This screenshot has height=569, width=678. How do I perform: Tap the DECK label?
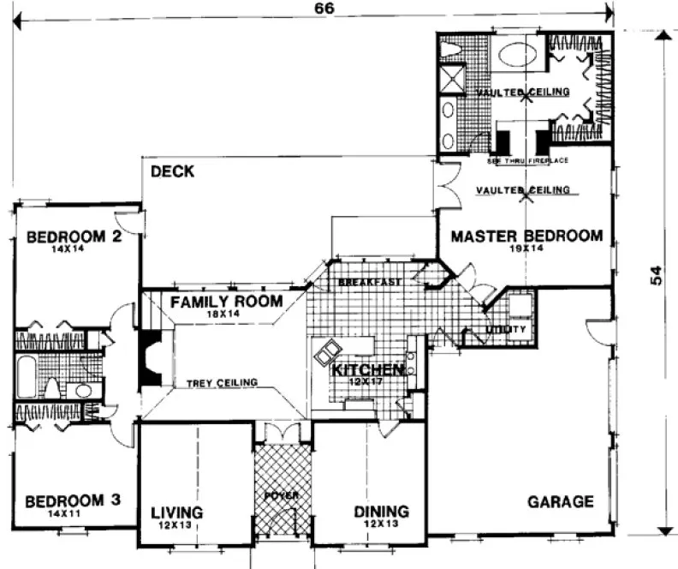(x=172, y=171)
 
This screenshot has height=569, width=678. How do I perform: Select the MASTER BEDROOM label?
(x=526, y=236)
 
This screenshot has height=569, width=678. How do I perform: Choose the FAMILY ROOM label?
(x=226, y=302)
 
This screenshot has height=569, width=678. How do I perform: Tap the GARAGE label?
(x=561, y=501)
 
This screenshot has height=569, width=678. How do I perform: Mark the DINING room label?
(x=381, y=512)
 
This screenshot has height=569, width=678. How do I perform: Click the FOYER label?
(x=282, y=494)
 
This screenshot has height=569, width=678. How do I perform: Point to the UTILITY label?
(x=499, y=329)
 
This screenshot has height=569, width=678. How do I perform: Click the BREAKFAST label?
(x=371, y=282)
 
